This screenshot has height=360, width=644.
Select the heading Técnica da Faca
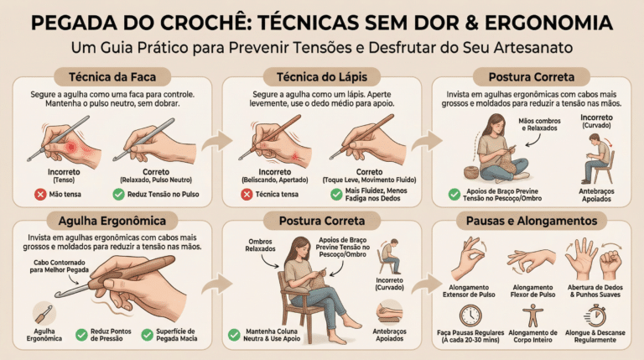(x=112, y=77)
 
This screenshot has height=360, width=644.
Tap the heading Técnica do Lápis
(x=322, y=77)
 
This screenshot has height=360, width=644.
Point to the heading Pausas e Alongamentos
(x=532, y=221)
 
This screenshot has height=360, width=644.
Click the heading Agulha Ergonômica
(x=112, y=221)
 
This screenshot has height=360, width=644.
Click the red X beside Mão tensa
(x=40, y=194)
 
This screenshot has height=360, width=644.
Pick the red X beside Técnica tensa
(x=247, y=194)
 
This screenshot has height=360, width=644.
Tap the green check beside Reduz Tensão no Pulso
(x=119, y=194)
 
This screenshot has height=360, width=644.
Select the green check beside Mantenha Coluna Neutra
(x=234, y=335)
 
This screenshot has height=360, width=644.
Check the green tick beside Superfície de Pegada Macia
(x=147, y=335)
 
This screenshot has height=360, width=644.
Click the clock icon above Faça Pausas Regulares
(x=470, y=316)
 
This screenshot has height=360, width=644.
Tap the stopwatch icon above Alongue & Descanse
(x=595, y=316)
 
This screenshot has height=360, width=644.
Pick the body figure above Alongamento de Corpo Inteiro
(x=532, y=316)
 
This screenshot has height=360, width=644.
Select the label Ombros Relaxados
(x=261, y=245)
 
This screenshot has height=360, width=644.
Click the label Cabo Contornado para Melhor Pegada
(x=60, y=266)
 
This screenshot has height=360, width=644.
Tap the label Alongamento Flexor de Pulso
(x=532, y=291)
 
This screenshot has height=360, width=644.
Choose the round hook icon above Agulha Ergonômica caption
(x=44, y=314)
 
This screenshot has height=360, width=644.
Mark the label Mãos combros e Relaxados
(x=539, y=124)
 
